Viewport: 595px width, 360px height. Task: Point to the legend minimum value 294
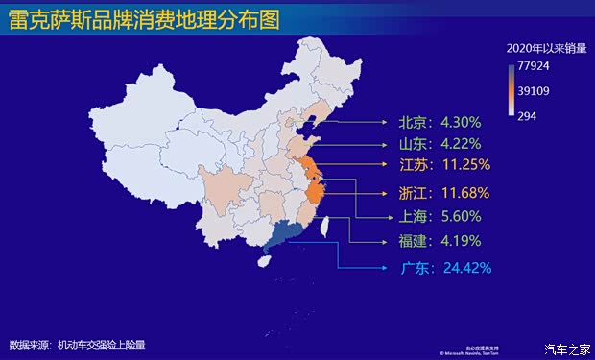(x=528, y=116)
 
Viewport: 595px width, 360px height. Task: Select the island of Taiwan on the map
(x=323, y=228)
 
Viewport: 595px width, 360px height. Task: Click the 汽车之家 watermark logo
(x=564, y=348)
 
